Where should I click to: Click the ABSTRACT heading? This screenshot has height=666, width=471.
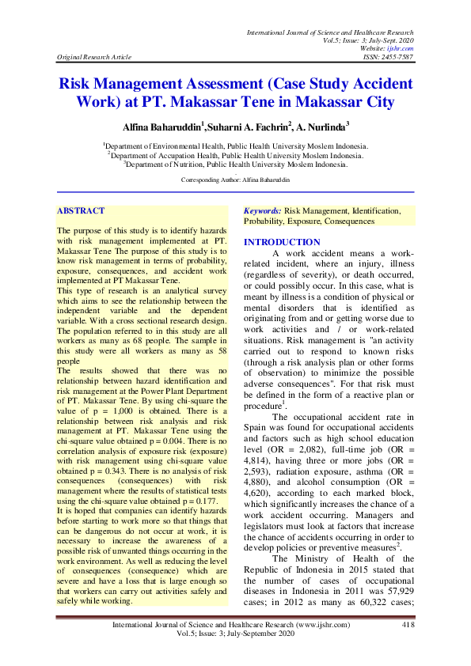point(81,211)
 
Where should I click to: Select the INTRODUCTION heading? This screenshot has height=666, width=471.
point(282,242)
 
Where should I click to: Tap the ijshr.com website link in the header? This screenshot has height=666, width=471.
point(404,48)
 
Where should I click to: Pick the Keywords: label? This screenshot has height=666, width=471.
point(263,212)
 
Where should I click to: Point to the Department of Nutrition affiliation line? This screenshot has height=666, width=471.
point(235,165)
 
